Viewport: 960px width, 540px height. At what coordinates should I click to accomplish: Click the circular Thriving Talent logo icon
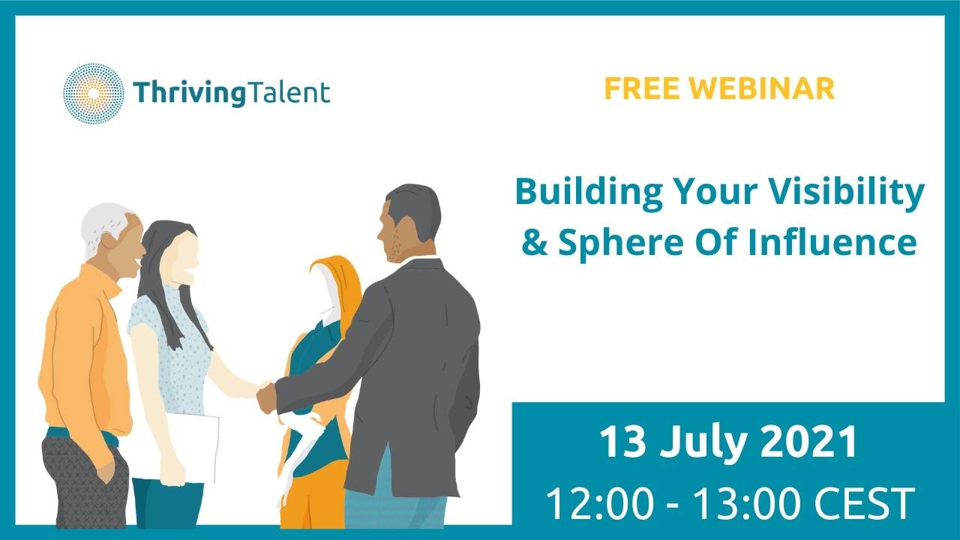point(93,93)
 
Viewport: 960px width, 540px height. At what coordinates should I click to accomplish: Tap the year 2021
point(810,442)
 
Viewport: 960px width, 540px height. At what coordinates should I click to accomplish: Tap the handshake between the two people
point(266,396)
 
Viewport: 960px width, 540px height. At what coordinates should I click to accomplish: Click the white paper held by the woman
point(193,446)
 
